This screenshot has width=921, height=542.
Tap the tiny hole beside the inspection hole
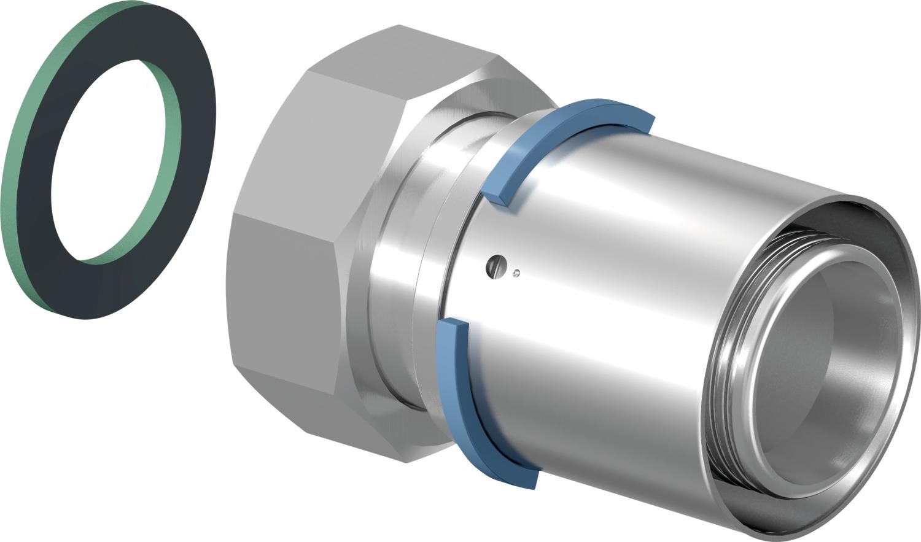517,273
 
